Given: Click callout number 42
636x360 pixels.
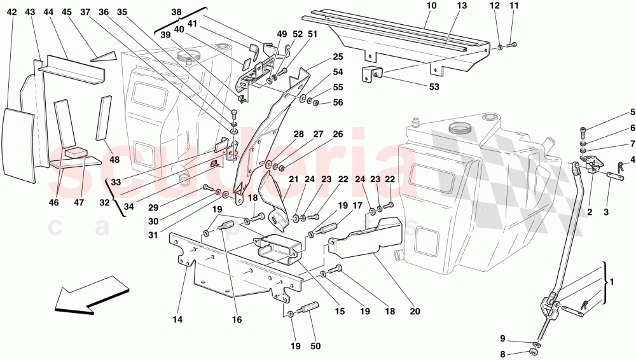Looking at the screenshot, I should (12, 12).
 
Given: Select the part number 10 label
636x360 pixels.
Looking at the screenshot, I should (431, 6).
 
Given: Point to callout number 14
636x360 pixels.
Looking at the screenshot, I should (177, 321).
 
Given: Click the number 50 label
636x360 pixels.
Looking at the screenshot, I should (316, 347).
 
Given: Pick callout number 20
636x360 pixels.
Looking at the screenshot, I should (415, 312).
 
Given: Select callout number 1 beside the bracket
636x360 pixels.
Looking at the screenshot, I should (611, 282).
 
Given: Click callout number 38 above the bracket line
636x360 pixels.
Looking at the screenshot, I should (176, 12).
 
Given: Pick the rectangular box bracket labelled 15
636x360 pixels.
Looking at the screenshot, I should (278, 249).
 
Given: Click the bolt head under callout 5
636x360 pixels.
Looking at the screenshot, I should (584, 132).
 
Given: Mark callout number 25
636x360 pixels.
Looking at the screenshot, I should (338, 57).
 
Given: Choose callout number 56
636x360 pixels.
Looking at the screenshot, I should (338, 103).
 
